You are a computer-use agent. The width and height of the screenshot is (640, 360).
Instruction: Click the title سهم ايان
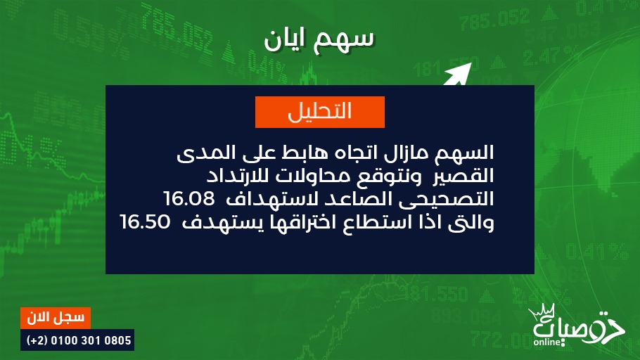[x=319, y=40]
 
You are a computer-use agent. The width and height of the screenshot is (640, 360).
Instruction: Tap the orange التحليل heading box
[x=320, y=112]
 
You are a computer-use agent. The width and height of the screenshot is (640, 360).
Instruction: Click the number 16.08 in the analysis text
[x=189, y=199]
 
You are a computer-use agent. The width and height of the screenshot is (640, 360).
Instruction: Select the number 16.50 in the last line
[x=146, y=222]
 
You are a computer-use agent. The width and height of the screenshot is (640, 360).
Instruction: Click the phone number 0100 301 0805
[x=91, y=340]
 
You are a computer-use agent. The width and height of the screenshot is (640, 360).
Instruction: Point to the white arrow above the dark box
[x=457, y=74]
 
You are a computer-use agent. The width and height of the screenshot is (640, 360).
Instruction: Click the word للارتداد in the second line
[x=237, y=176]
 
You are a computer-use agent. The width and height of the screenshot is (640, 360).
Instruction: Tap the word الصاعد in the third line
[x=354, y=199]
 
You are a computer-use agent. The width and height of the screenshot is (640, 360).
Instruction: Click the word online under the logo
[x=547, y=342]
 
